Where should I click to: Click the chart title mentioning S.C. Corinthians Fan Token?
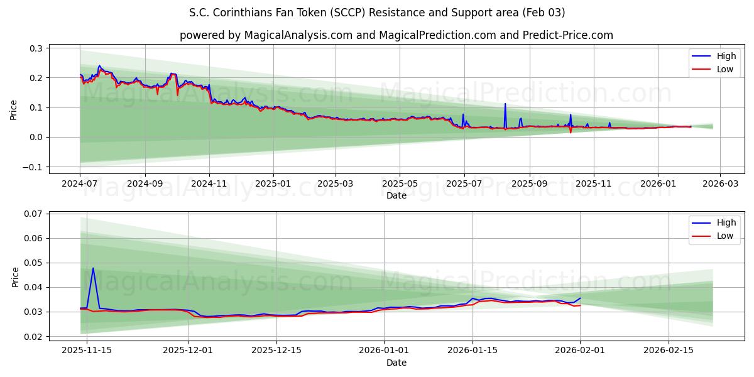click(x=377, y=13)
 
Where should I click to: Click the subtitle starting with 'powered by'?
click(x=396, y=35)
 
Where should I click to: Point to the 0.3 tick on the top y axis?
click(x=36, y=48)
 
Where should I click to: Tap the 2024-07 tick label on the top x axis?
click(x=80, y=184)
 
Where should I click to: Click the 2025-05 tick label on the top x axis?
click(x=400, y=184)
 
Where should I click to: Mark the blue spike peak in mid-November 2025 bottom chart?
click(x=93, y=268)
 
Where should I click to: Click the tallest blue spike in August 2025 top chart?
click(x=505, y=104)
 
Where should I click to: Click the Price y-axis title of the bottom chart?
click(x=14, y=276)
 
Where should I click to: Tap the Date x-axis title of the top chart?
click(x=396, y=195)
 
